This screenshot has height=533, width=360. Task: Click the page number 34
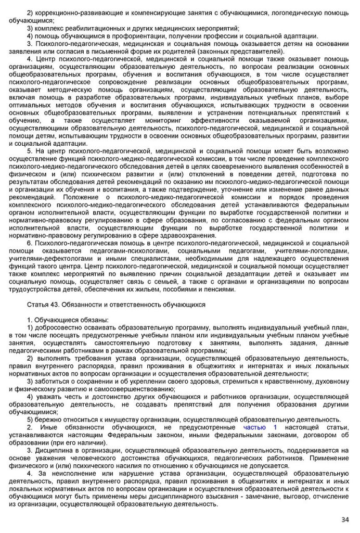click(345, 519)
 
